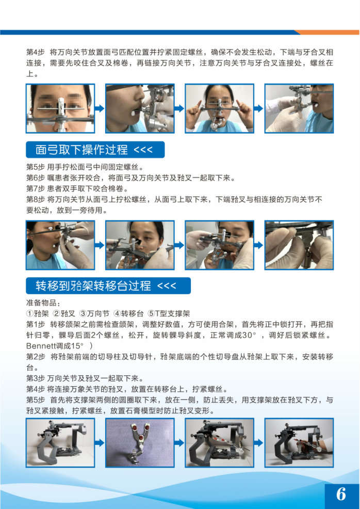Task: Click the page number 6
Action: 341,494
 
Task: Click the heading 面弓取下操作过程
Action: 81,150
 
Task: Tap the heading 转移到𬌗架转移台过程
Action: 93,285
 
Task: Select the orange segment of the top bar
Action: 327,32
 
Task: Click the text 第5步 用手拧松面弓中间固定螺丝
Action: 85,167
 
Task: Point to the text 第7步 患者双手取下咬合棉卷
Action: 77,188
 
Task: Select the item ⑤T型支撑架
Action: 169,313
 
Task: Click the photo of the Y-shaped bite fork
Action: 140,443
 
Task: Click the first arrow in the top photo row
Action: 100,108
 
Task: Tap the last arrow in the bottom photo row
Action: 259,443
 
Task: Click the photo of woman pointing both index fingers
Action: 220,108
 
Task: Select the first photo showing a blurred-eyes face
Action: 60,108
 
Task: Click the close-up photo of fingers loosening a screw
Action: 299,245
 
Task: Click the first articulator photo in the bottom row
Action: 60,443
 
